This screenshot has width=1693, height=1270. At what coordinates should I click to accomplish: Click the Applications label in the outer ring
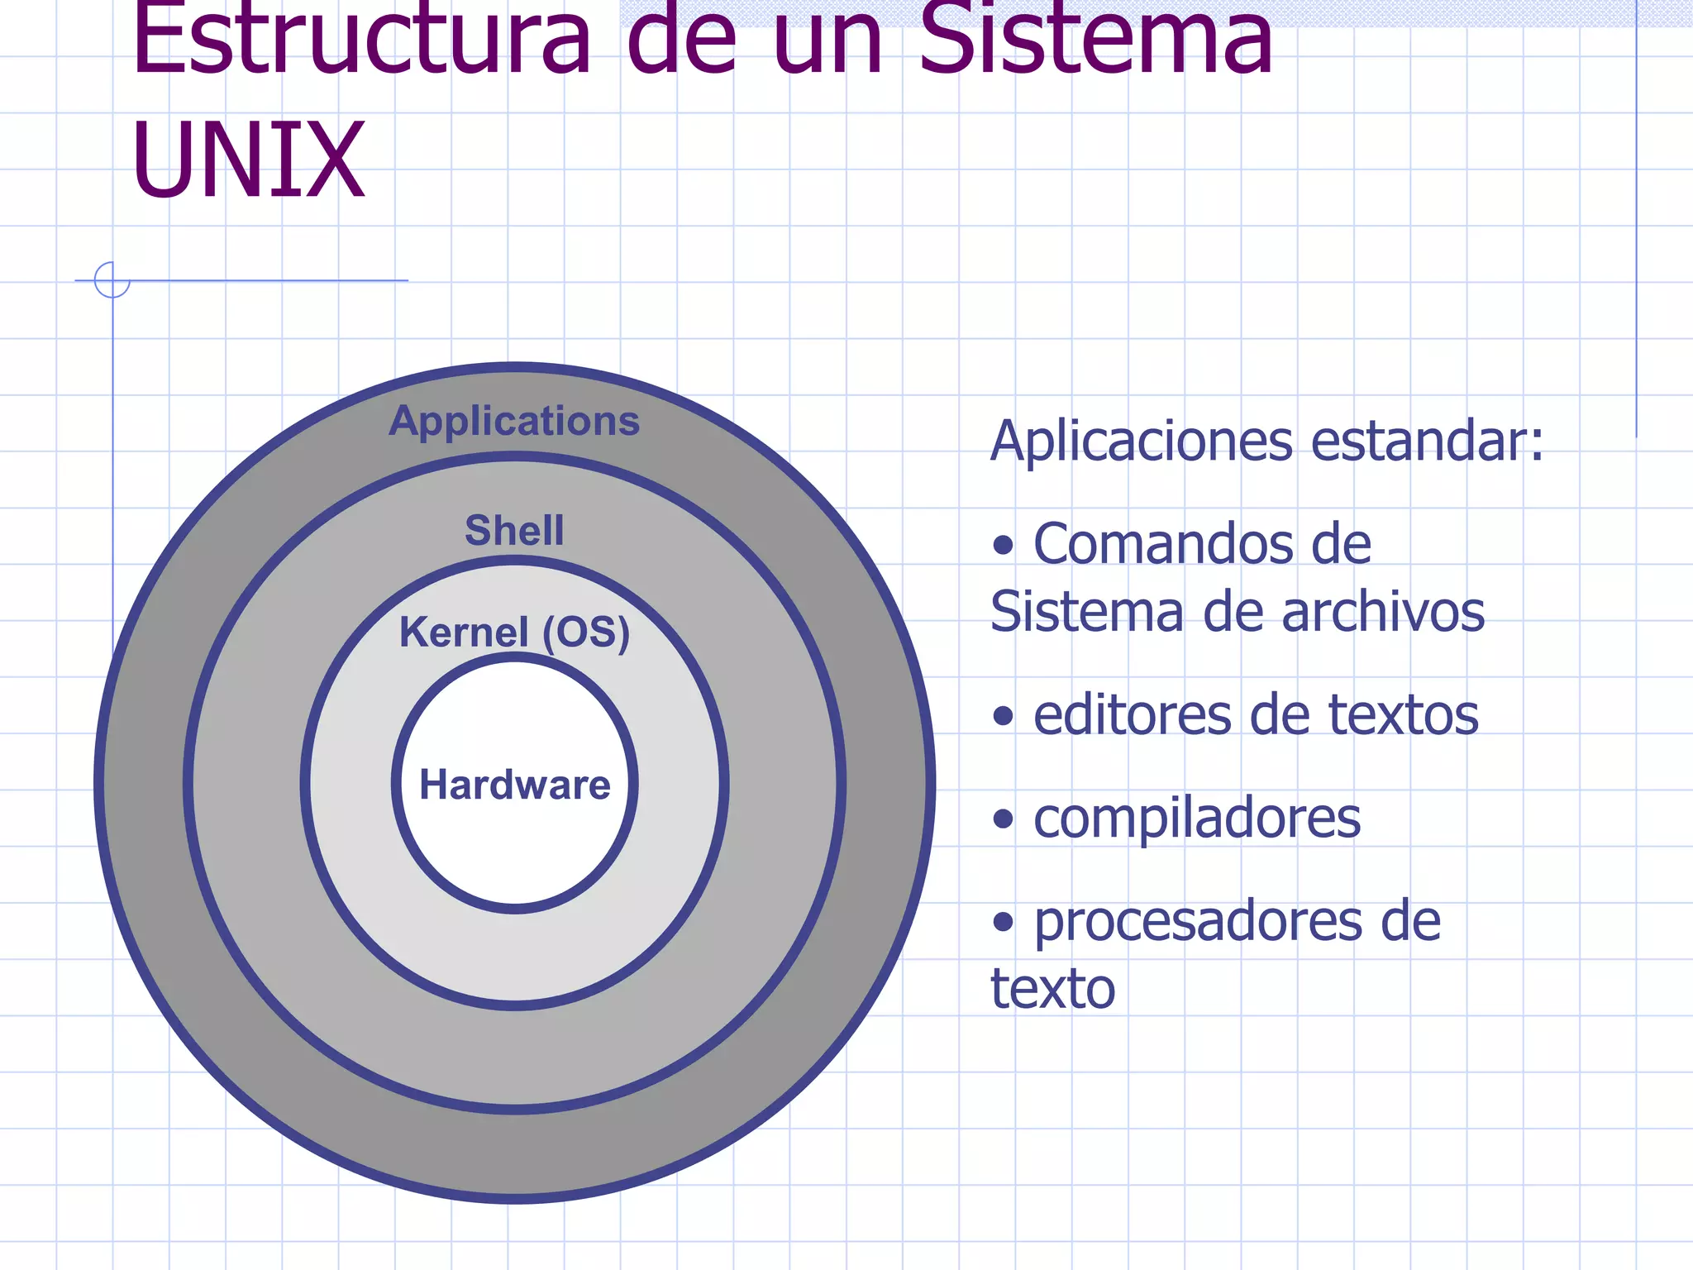(x=514, y=421)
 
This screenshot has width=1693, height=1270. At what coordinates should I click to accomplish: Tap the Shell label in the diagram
(x=514, y=530)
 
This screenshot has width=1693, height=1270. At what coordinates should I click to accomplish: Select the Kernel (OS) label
(x=514, y=633)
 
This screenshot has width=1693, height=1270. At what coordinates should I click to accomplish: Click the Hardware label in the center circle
(x=514, y=784)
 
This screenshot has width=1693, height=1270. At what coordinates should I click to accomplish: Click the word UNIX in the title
(x=248, y=159)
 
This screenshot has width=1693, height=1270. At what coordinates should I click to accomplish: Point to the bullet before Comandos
(x=1003, y=546)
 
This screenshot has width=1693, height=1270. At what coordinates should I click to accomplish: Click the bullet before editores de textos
(x=1003, y=716)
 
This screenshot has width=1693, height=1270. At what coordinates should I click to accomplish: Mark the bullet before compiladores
(x=1003, y=819)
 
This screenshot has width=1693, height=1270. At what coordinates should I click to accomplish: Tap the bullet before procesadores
(x=1003, y=922)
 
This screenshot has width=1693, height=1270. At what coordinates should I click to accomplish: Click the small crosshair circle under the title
(x=112, y=279)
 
